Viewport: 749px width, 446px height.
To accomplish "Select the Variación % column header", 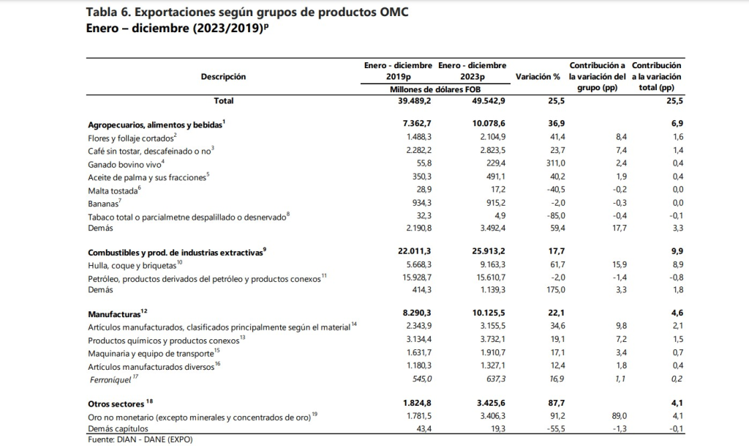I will click(x=538, y=76).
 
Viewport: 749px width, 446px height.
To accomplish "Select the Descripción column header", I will click(x=223, y=76).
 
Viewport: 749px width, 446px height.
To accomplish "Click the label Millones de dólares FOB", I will click(x=435, y=89).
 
